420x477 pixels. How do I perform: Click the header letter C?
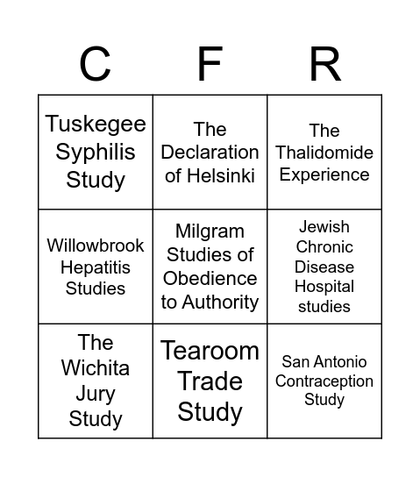(x=95, y=64)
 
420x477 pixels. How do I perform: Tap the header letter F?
(x=210, y=64)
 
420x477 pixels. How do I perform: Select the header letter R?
(x=324, y=64)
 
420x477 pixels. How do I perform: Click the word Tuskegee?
(x=96, y=124)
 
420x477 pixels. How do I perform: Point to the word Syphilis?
(x=96, y=152)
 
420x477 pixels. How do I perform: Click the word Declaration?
(x=210, y=153)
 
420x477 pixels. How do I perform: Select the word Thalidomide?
(x=324, y=153)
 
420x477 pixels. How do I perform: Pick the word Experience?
(x=324, y=174)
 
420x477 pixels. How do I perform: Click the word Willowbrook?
(x=96, y=246)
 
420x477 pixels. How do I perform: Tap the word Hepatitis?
(x=96, y=267)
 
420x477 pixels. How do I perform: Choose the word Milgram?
(x=210, y=231)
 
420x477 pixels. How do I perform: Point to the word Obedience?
(x=210, y=278)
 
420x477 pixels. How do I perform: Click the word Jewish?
(x=324, y=227)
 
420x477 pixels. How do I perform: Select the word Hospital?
(x=324, y=287)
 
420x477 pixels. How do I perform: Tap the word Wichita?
(x=96, y=367)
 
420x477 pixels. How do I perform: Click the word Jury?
(x=96, y=393)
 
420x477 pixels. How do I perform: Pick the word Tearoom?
(x=210, y=351)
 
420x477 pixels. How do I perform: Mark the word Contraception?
(x=324, y=381)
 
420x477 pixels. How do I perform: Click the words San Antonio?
(x=324, y=361)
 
